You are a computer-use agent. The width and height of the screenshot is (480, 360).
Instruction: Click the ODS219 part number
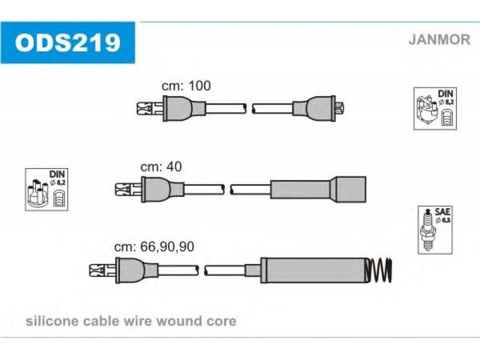click(x=68, y=42)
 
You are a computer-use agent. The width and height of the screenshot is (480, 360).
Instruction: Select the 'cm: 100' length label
click(x=187, y=86)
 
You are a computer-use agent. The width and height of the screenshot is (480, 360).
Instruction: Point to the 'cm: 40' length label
click(x=160, y=167)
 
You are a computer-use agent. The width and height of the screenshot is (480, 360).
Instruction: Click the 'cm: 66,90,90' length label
click(x=154, y=246)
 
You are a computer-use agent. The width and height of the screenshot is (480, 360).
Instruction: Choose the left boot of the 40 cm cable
click(x=155, y=190)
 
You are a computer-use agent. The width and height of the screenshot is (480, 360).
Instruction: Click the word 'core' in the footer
click(x=222, y=321)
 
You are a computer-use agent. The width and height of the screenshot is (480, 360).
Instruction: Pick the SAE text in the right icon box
click(x=443, y=212)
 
